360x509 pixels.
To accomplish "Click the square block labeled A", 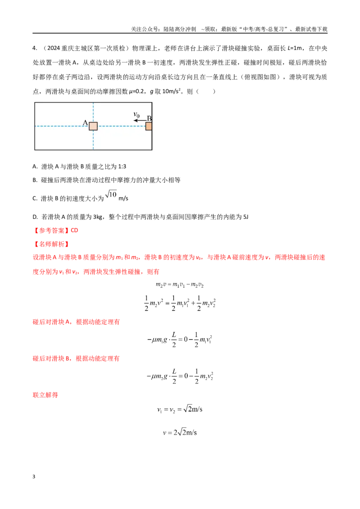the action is pyautogui.click(x=93, y=126).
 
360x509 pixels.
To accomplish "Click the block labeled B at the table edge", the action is pyautogui.click(x=149, y=126).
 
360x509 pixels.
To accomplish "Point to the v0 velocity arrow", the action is pyautogui.click(x=139, y=121).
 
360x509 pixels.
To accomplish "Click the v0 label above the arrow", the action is pyautogui.click(x=136, y=115).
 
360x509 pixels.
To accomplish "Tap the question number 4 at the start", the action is pyautogui.click(x=35, y=48).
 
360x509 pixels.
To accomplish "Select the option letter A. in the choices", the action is pyautogui.click(x=35, y=166).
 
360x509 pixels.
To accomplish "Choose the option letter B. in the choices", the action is pyautogui.click(x=35, y=180).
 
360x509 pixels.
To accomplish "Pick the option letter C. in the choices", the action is pyautogui.click(x=35, y=198).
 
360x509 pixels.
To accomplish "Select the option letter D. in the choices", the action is pyautogui.click(x=36, y=217).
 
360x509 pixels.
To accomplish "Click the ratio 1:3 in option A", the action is pyautogui.click(x=122, y=166).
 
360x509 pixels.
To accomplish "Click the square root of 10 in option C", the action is pyautogui.click(x=111, y=194).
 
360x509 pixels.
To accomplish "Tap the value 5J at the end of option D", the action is pyautogui.click(x=246, y=217).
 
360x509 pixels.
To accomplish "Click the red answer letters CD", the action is pyautogui.click(x=74, y=230).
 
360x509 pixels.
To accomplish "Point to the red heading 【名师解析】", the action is pyautogui.click(x=51, y=244).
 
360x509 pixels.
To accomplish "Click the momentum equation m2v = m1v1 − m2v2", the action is pyautogui.click(x=180, y=285).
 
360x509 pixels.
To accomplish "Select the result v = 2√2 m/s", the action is pyautogui.click(x=180, y=432).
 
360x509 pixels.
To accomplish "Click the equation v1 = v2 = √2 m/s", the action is pyautogui.click(x=180, y=409).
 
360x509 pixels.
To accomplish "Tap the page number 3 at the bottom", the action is pyautogui.click(x=34, y=477).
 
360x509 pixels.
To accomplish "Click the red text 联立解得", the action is pyautogui.click(x=45, y=395).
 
